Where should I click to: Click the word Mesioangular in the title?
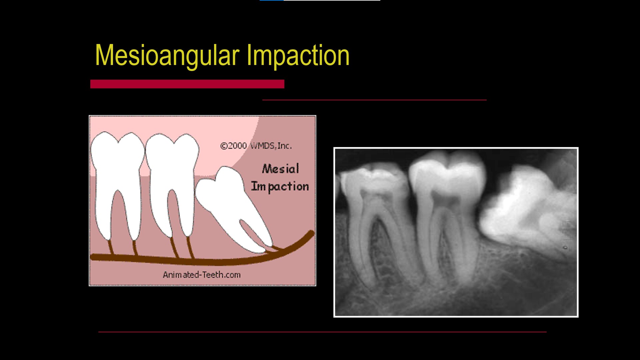coord(167,55)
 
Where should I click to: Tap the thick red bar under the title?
coord(187,84)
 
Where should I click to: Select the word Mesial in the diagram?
coord(280,169)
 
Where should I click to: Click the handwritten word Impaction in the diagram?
coord(280,186)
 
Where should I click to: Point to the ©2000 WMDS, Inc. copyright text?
coord(256,146)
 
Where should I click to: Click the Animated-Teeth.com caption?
coord(202,275)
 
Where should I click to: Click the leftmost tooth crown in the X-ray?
coord(373,183)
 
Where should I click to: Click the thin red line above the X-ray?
coord(374,100)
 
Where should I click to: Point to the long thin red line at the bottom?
coord(322,332)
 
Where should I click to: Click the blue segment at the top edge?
coord(272,0)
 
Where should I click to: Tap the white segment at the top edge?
coord(332,0)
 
